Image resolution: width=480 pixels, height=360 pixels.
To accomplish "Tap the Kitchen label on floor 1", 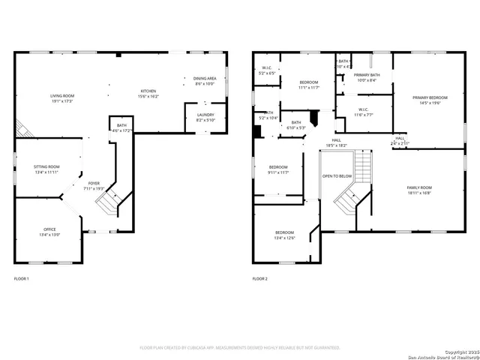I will pos(127,94).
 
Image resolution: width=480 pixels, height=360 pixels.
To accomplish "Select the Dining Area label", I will pos(205,81).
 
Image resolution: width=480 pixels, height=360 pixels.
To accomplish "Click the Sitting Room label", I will pos(46,169).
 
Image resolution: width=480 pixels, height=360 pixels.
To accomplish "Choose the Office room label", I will pos(49,232).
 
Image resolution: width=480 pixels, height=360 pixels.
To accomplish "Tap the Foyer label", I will pos(94,185).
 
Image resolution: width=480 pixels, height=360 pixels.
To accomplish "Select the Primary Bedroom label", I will pos(430,100).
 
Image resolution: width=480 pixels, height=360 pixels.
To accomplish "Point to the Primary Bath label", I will pos(367,77).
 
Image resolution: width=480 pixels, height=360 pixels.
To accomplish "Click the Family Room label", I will pos(419,189).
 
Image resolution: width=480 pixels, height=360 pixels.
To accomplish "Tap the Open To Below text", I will pos(337,176).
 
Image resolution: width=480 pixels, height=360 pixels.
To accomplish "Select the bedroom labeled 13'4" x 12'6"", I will pos(283,235).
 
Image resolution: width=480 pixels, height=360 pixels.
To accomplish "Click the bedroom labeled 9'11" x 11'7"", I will pos(278,169).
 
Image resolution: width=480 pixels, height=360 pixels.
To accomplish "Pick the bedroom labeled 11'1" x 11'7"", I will pos(309,85).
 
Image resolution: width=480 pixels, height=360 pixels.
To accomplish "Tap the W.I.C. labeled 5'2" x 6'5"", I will pos(266,70).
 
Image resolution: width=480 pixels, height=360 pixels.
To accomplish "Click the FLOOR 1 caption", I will pos(22,279).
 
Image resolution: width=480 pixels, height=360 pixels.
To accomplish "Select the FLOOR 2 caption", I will pos(259,279).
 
